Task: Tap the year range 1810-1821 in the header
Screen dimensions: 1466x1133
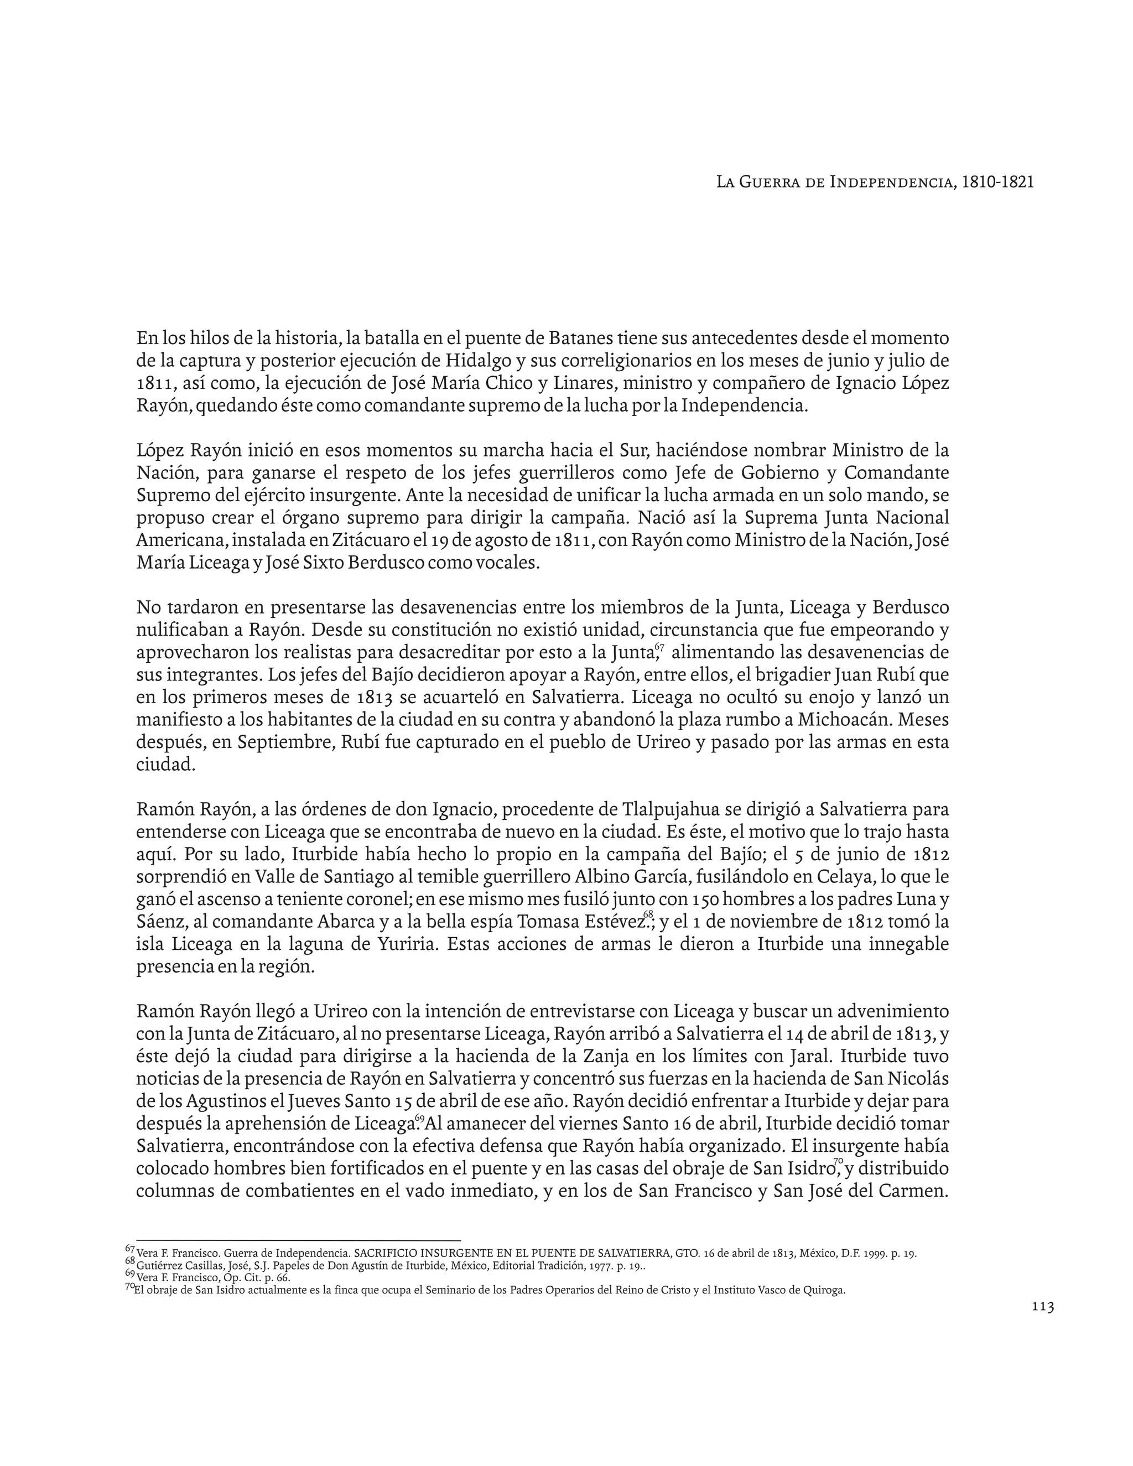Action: pyautogui.click(x=997, y=182)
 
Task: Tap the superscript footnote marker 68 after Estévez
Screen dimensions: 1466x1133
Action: pyautogui.click(x=648, y=916)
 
